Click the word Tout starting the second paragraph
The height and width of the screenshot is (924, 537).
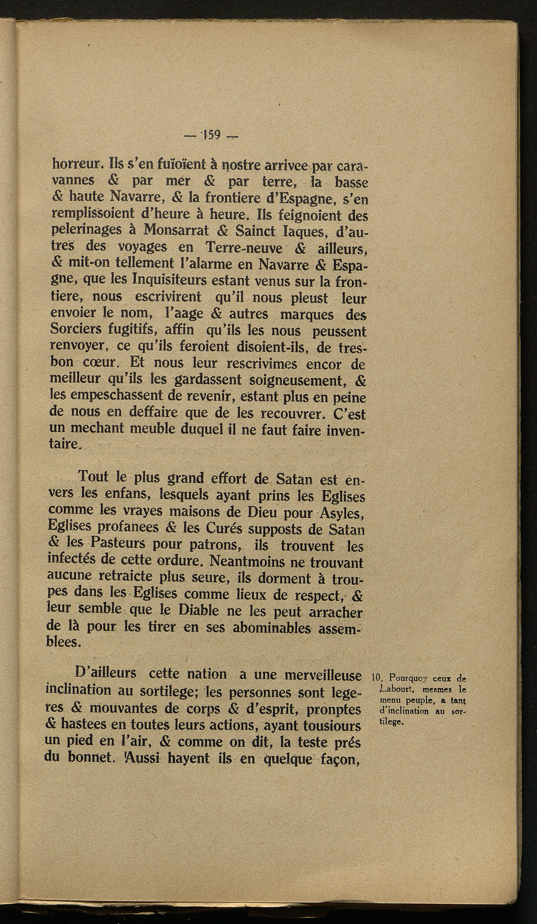click(x=93, y=477)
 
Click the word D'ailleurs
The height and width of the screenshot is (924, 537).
click(x=99, y=675)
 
